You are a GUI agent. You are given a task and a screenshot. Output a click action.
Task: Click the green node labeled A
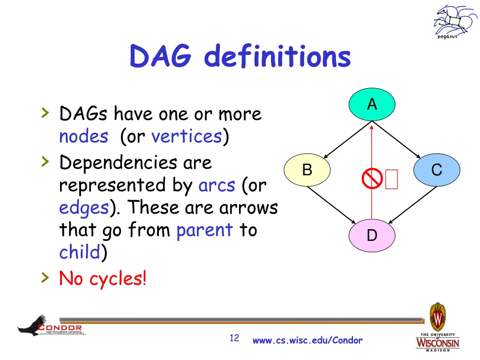coord(372,105)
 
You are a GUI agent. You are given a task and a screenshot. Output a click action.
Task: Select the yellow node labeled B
coord(307,170)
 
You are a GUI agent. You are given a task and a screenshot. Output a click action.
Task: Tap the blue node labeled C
coord(437,170)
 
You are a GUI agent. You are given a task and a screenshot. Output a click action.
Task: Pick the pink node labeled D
coord(372,235)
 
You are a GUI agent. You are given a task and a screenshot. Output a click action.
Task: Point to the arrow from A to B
coord(348,140)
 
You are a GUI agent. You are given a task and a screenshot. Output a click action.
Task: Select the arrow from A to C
coord(396,140)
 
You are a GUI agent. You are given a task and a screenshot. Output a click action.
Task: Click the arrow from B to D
coord(331,205)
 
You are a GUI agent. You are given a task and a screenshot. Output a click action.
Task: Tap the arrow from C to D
coord(412,205)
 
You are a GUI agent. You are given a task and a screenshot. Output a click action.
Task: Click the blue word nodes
coord(83,136)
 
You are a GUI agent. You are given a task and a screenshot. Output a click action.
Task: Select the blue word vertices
coord(187,136)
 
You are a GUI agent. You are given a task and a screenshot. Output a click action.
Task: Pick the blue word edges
coord(84,208)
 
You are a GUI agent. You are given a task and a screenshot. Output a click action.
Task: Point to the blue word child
coord(80,252)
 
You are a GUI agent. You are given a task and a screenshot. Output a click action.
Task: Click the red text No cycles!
coord(103,278)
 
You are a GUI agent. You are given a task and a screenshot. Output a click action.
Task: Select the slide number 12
coord(234,338)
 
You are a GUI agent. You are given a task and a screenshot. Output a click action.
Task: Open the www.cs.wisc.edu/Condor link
coord(307,340)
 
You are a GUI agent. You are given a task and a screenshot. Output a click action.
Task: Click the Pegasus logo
coord(455,22)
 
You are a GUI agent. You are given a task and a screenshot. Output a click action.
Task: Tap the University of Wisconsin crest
coord(438,317)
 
